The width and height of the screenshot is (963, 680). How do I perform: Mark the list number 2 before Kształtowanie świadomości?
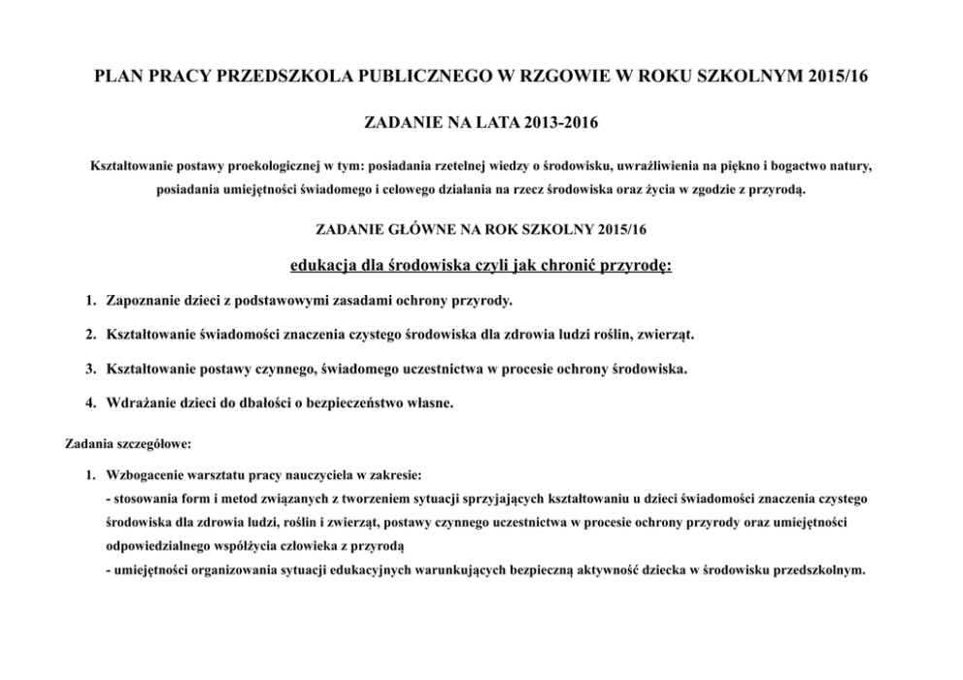pyautogui.click(x=88, y=336)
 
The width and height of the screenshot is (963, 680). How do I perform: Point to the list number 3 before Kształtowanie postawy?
pyautogui.click(x=88, y=370)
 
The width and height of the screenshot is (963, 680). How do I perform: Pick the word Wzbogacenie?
pyautogui.click(x=146, y=477)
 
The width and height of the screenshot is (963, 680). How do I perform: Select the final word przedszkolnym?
pyautogui.click(x=817, y=570)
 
